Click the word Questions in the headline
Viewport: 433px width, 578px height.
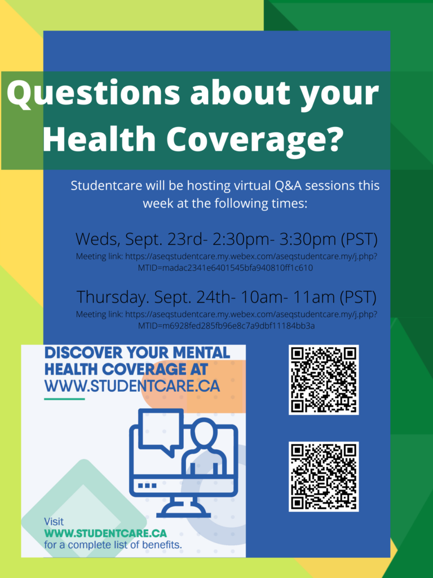point(94,93)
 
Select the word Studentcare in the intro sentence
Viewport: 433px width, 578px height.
point(107,185)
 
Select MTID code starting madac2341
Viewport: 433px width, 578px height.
point(226,268)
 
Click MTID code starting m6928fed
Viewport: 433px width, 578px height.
point(227,326)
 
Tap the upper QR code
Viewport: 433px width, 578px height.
point(324,380)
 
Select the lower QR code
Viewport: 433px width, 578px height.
point(324,476)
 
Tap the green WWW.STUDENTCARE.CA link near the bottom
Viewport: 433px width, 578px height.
point(105,533)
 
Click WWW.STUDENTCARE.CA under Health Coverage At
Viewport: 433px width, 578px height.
point(132,386)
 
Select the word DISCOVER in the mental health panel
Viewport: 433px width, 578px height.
point(83,353)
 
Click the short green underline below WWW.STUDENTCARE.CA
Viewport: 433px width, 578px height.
point(64,399)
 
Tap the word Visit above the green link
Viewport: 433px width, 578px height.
point(54,522)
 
